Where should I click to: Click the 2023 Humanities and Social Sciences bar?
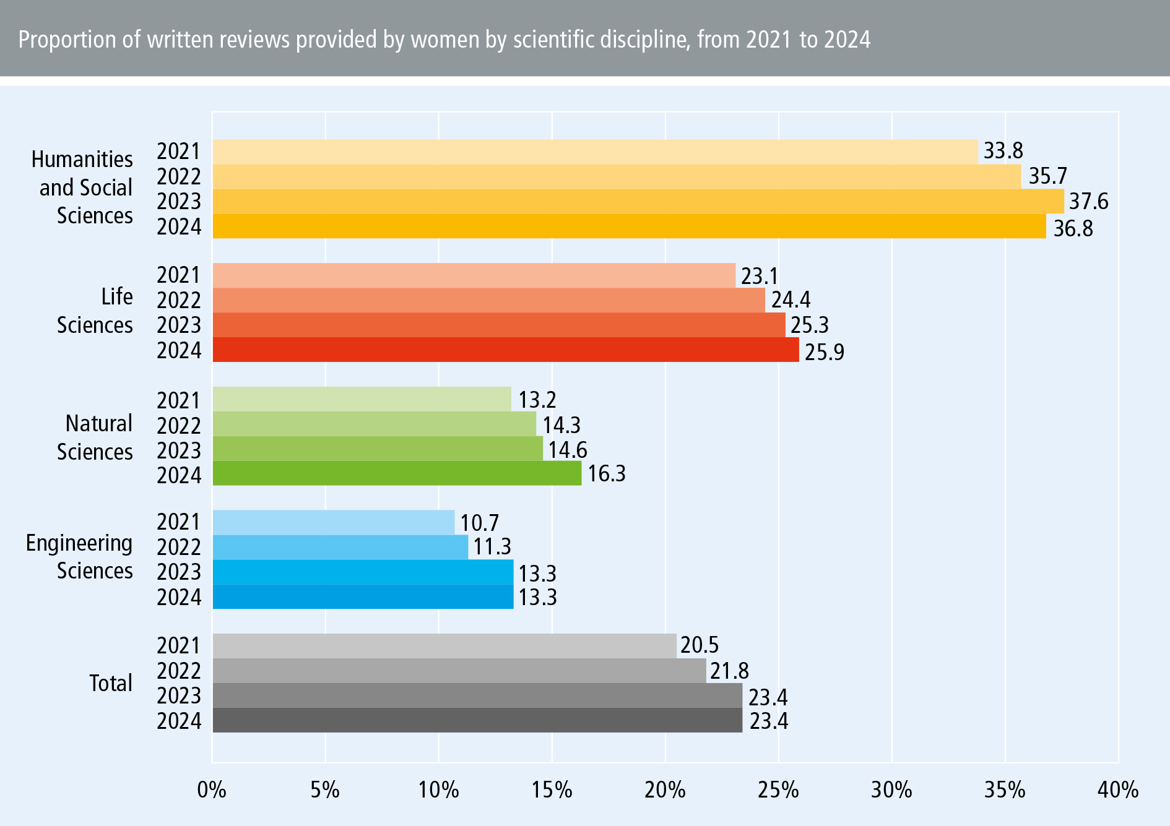(x=638, y=202)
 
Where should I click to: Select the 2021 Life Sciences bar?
(x=474, y=275)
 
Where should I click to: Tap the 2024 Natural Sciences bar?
(x=397, y=473)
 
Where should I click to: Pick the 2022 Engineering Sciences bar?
(x=340, y=547)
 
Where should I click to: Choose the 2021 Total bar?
(x=444, y=646)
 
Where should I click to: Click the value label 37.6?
(x=1089, y=202)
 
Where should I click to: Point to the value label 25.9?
(x=824, y=352)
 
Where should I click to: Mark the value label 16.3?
(x=606, y=474)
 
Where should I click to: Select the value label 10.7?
(x=479, y=523)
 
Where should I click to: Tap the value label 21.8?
(x=729, y=671)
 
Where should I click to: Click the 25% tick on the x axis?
(x=779, y=790)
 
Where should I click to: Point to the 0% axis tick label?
(x=212, y=790)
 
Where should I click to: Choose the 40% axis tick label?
(x=1118, y=790)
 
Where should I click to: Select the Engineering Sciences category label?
(x=79, y=557)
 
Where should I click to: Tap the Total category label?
(x=111, y=683)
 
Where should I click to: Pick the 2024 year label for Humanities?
(x=179, y=227)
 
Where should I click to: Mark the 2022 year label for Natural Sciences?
(x=179, y=426)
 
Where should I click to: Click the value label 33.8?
(x=1003, y=151)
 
